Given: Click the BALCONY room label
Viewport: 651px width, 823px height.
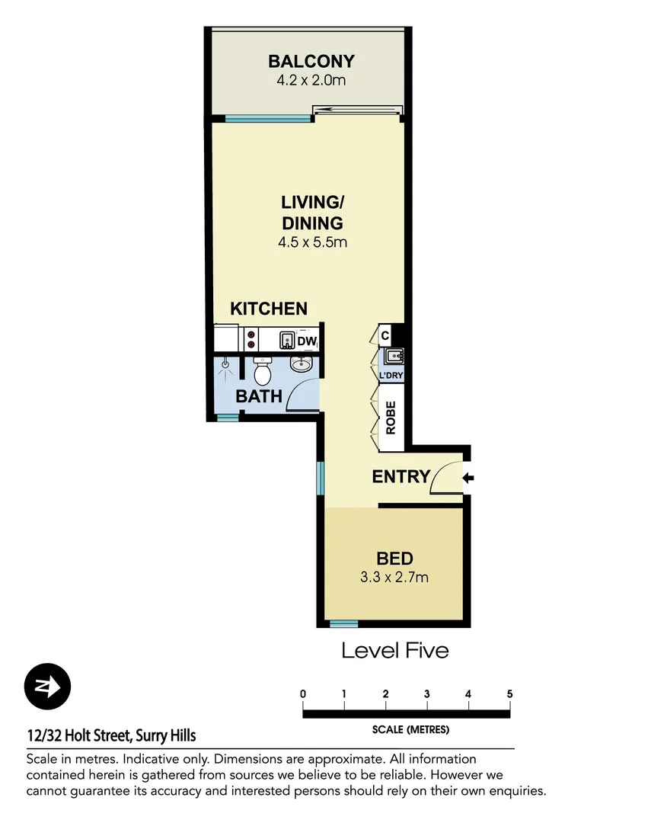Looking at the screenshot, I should (311, 62).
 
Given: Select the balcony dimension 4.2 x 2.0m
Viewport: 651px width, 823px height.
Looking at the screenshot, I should (311, 79).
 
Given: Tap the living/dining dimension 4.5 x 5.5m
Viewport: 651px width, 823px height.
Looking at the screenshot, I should (312, 243).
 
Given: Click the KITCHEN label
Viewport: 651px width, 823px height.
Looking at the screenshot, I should (269, 309).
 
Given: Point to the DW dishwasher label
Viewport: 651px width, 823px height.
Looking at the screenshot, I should (307, 341).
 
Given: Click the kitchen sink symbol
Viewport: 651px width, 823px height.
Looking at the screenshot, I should (287, 339).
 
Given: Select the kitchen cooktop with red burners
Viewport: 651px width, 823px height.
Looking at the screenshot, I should (251, 339).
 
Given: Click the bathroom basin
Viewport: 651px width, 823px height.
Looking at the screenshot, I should (302, 366).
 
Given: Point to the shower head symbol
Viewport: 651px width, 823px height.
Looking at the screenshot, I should (225, 365).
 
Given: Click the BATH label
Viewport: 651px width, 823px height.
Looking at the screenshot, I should (259, 396).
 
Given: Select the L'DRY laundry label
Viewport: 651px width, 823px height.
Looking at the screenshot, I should (391, 375).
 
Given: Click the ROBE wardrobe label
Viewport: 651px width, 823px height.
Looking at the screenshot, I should (391, 418).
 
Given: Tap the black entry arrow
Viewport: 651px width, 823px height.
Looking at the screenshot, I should (468, 478).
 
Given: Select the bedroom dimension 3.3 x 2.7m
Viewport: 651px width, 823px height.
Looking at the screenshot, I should (394, 577).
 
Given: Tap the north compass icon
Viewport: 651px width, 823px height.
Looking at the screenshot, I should (47, 687).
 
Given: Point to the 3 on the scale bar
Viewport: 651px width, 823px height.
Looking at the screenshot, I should (427, 694).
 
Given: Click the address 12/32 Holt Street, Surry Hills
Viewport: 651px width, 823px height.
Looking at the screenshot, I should (111, 735).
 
